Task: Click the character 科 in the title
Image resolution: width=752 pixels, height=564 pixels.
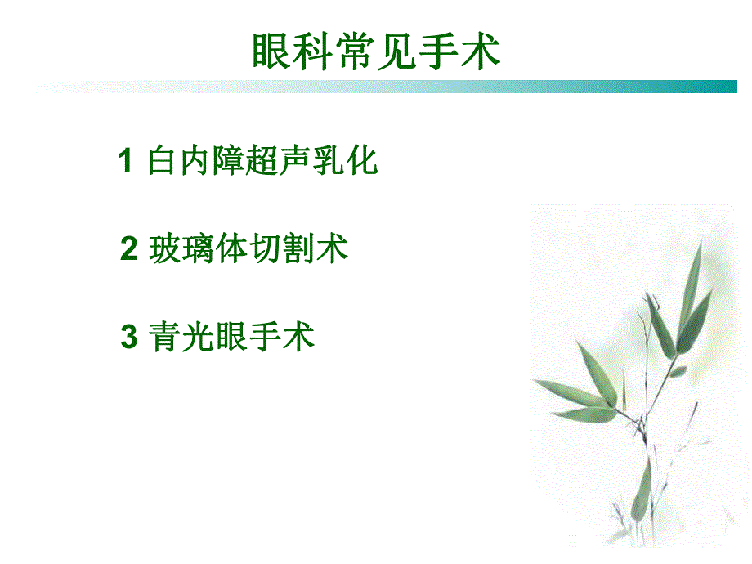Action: (x=313, y=52)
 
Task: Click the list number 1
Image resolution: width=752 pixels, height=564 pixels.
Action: (x=125, y=161)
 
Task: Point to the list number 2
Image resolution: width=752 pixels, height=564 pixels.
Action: (x=129, y=248)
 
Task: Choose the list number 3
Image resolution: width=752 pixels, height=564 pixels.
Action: (x=129, y=337)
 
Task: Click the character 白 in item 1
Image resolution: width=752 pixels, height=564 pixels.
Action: (x=161, y=161)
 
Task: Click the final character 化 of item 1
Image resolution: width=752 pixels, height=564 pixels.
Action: (x=362, y=161)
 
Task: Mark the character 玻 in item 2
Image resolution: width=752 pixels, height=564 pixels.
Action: (x=165, y=248)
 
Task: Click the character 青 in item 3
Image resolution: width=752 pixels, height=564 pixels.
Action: (x=165, y=337)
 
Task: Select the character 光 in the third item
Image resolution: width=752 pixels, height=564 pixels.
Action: (x=199, y=337)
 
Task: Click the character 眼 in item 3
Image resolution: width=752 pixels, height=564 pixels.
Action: (x=232, y=337)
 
